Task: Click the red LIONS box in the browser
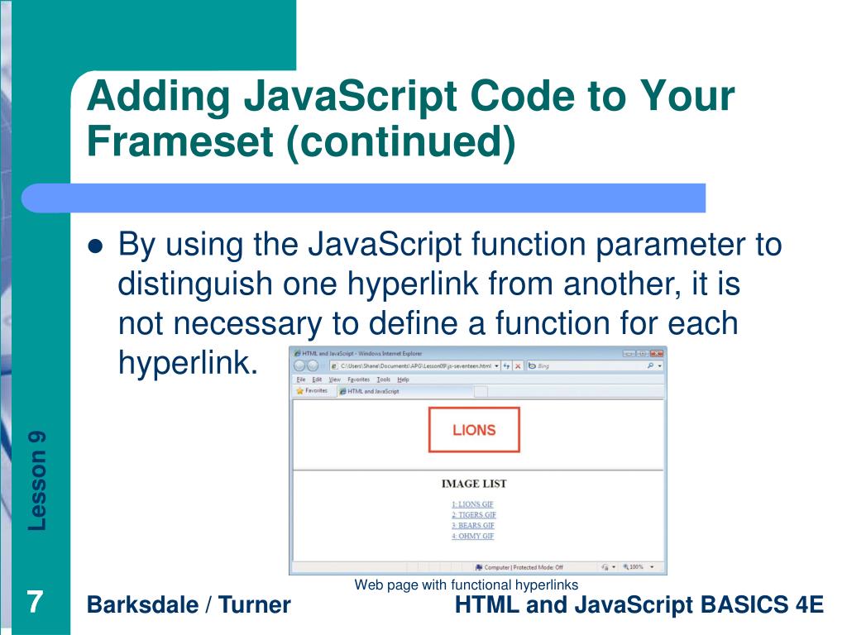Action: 474,429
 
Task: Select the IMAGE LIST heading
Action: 474,484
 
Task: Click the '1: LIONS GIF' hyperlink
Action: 473,504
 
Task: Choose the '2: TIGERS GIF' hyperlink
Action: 474,515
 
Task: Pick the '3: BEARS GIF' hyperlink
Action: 473,526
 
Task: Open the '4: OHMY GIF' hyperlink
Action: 473,537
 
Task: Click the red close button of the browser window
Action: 657,353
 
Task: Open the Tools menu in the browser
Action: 383,379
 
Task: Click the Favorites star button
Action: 312,391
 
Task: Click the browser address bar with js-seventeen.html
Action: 414,365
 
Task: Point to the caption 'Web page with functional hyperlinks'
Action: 466,585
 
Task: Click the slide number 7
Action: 35,601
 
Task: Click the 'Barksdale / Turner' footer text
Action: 189,605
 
